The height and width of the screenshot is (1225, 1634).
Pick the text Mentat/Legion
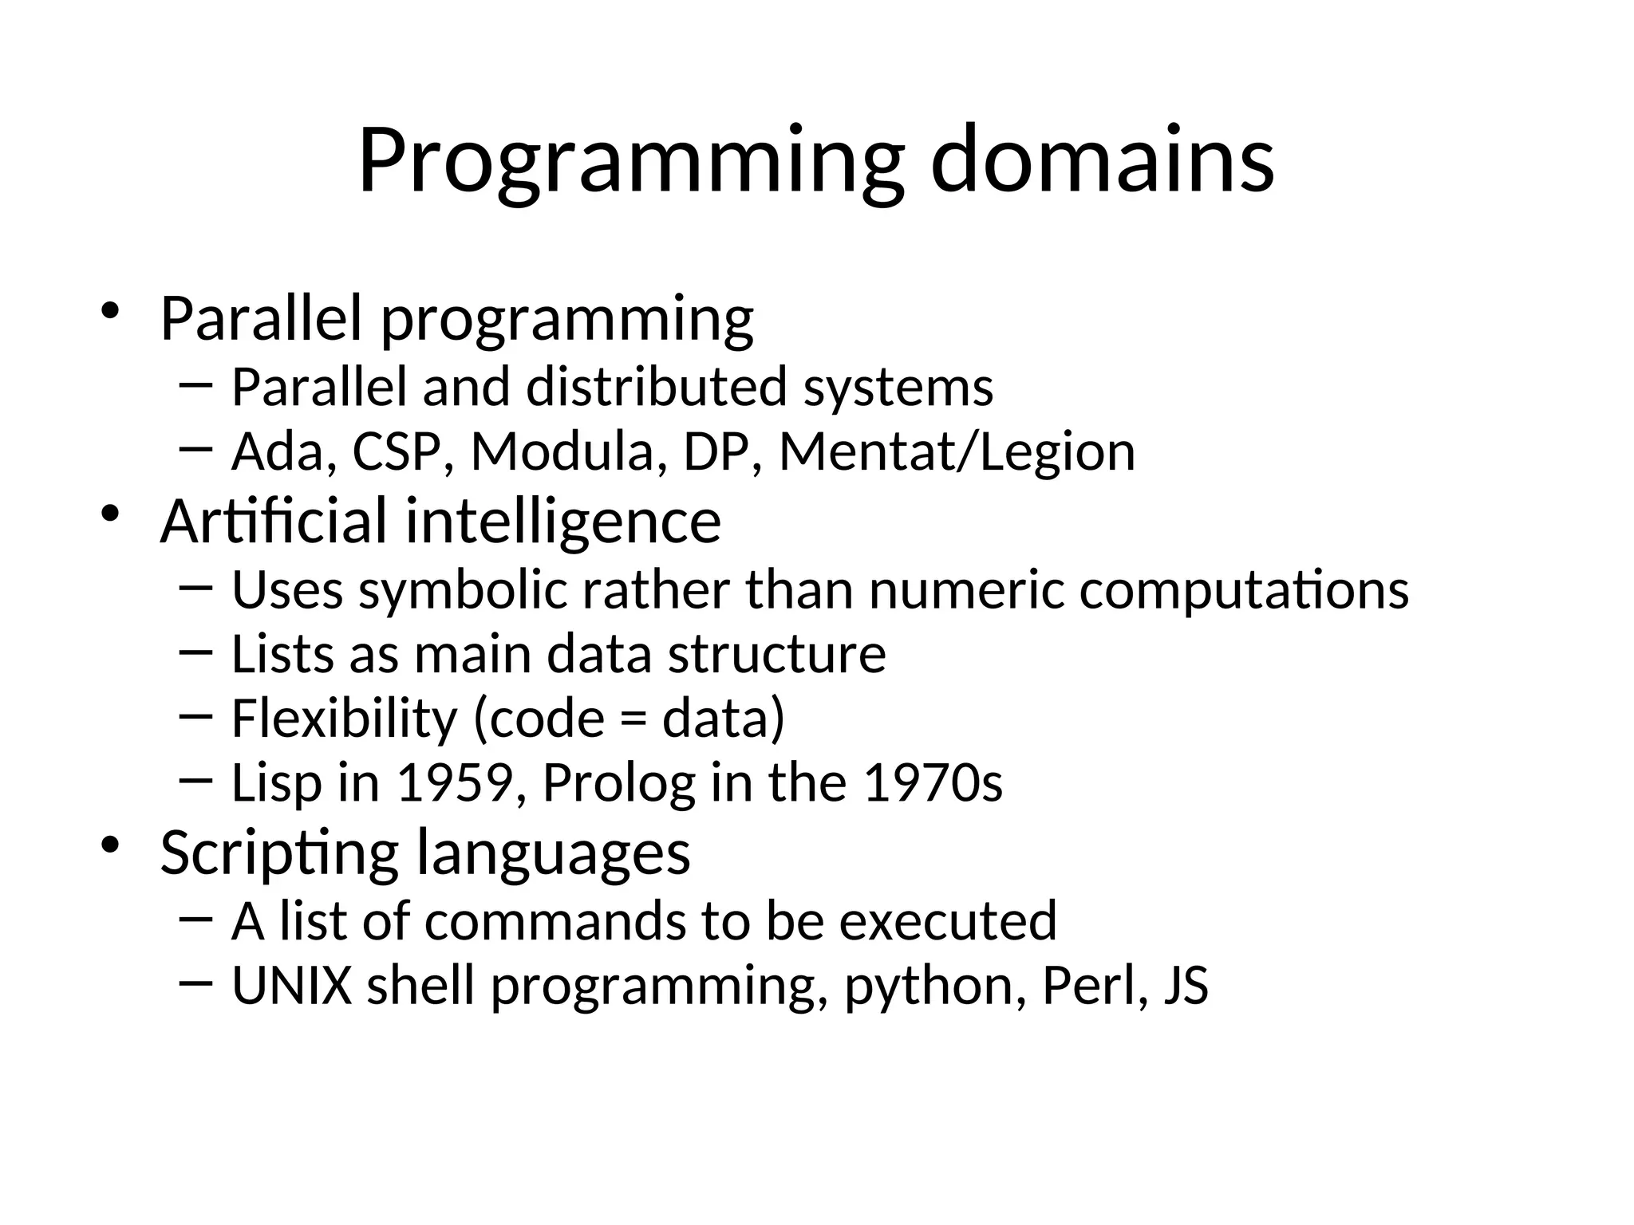tap(956, 452)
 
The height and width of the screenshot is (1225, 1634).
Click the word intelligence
tap(563, 521)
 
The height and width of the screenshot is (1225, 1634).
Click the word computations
tap(1244, 591)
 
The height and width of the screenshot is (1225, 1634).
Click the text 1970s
tap(933, 782)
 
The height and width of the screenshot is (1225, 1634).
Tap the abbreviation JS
tap(1186, 986)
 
